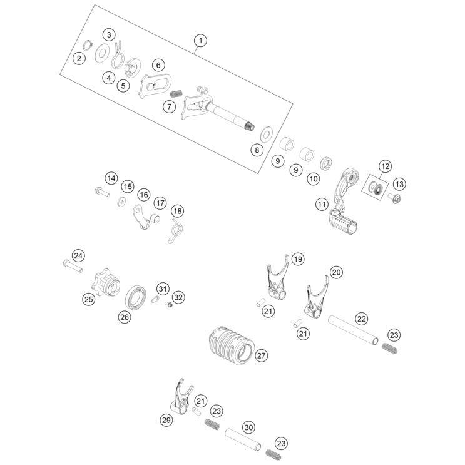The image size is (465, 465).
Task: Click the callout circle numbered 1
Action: click(x=200, y=41)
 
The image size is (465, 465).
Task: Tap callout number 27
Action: click(x=262, y=355)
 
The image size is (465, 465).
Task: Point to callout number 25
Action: click(x=89, y=300)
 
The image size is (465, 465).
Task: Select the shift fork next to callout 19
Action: click(x=274, y=279)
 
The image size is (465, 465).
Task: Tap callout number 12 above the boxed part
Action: click(x=384, y=166)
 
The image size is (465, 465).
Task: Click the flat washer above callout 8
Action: click(x=266, y=133)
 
